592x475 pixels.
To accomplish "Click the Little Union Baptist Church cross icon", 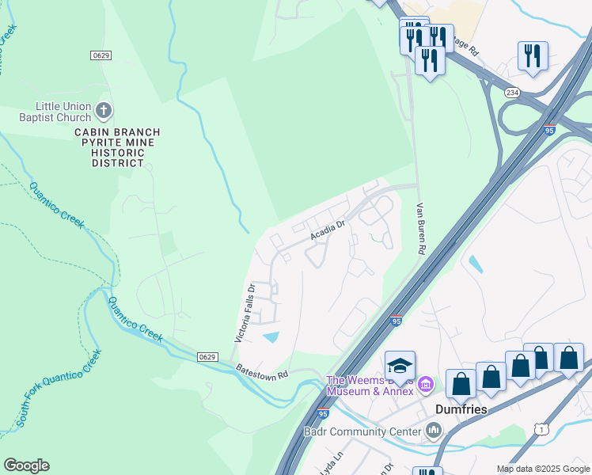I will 104,109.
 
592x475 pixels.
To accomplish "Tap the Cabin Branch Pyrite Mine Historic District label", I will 117,148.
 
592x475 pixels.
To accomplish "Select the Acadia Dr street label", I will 328,231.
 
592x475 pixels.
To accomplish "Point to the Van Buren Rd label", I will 422,227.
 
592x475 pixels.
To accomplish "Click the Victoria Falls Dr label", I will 244,313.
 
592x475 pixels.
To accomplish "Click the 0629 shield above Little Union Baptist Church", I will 101,55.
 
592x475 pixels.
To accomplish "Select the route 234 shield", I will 512,93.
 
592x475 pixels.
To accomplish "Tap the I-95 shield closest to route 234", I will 549,129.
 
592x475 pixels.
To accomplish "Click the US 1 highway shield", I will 541,428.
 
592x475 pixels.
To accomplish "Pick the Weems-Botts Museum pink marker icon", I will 426,385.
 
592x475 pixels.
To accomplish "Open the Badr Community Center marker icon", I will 433,431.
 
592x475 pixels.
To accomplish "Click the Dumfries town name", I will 461,409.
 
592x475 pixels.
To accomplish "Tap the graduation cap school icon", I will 400,367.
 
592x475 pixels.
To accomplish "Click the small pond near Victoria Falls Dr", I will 271,338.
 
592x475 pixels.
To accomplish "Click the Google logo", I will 26,465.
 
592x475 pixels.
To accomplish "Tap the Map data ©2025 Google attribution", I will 542,469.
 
